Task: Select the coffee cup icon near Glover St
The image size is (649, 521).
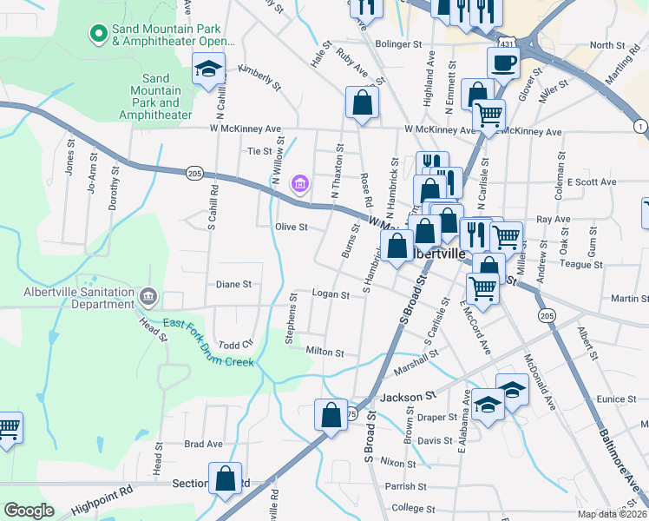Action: [503, 63]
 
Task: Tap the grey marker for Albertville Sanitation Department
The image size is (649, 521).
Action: [148, 298]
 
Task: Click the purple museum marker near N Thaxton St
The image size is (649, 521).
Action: [301, 184]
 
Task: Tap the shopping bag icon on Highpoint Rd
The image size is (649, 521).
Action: [226, 479]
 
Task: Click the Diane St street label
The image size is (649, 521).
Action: [233, 284]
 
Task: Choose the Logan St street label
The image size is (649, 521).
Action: [331, 294]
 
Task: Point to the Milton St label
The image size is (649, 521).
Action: [325, 353]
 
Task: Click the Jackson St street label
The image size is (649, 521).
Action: [407, 397]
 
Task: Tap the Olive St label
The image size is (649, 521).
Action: [292, 228]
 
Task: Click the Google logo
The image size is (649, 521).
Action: [29, 511]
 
